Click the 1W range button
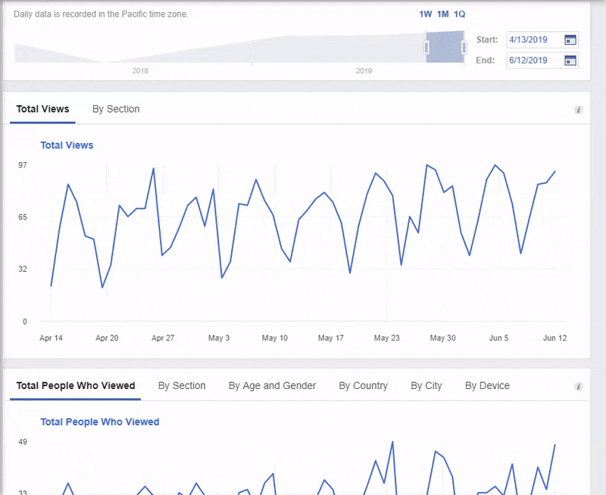tap(425, 14)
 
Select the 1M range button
tap(442, 14)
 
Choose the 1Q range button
tap(460, 14)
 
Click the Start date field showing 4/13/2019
tap(534, 39)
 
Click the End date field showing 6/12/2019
tap(534, 61)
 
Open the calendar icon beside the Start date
tap(570, 39)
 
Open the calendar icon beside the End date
tap(570, 61)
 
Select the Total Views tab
tap(42, 109)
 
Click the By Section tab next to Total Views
tap(116, 109)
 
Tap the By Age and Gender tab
tap(272, 386)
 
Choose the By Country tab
tap(363, 386)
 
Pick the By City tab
tap(426, 386)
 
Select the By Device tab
tap(487, 386)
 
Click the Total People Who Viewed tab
tap(76, 386)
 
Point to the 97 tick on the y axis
tap(23, 165)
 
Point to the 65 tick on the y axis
tap(23, 217)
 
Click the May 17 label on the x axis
tap(331, 338)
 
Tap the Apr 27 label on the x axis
tap(163, 338)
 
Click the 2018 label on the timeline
tap(140, 71)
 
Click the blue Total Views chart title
tap(67, 145)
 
